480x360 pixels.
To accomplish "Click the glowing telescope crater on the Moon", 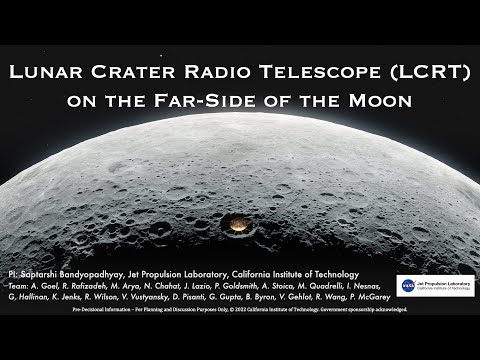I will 240,220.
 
